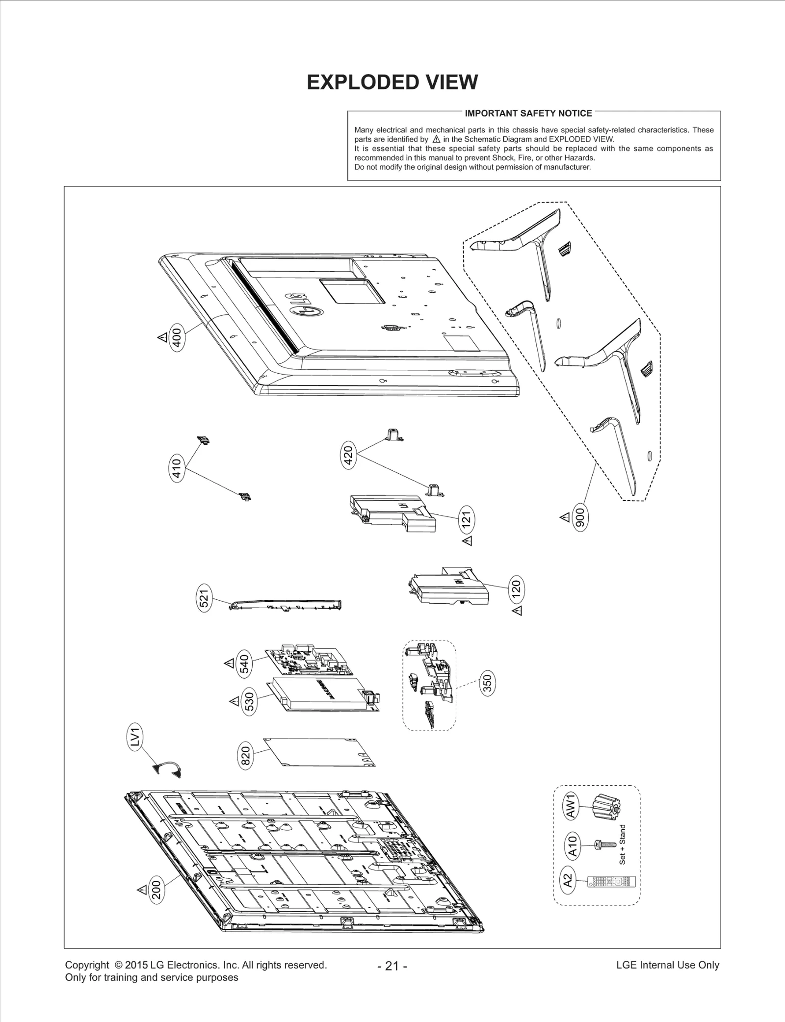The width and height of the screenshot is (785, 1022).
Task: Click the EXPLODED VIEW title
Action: click(x=392, y=82)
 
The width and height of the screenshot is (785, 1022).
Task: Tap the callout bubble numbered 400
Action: click(x=177, y=338)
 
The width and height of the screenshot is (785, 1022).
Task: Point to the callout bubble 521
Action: click(x=205, y=598)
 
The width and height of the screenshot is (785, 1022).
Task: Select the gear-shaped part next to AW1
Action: click(x=606, y=807)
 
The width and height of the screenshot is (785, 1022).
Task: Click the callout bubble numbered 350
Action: click(x=488, y=683)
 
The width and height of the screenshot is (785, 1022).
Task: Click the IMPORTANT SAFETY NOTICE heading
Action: click(x=528, y=113)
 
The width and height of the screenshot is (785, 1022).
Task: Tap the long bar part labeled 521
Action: click(x=286, y=605)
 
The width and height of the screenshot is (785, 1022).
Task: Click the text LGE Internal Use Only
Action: click(x=667, y=965)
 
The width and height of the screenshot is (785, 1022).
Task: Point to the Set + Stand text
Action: click(x=623, y=844)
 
